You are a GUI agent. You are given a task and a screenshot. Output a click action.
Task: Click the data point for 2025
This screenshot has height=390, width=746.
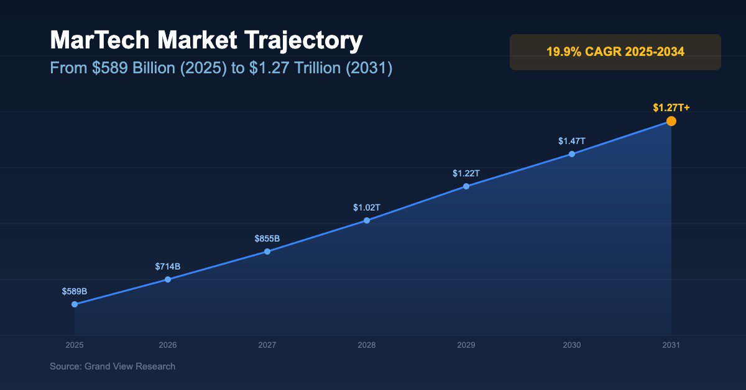coord(75,304)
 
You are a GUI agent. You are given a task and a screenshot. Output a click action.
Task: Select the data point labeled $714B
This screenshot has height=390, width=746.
coord(168,279)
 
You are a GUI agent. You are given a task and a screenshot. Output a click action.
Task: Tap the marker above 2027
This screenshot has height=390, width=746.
coord(267,252)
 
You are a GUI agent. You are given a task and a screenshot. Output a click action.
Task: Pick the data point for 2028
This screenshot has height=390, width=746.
coord(367,220)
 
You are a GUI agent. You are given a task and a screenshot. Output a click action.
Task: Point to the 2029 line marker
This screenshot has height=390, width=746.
coord(466,186)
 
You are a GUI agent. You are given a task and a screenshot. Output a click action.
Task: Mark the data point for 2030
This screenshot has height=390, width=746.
coord(572,154)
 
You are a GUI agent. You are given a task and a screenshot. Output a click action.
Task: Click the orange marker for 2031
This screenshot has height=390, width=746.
coord(671,121)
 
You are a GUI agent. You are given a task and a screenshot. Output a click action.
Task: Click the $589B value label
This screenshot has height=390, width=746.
coord(75,291)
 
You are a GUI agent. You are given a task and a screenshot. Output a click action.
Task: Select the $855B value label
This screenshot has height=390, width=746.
coord(267,238)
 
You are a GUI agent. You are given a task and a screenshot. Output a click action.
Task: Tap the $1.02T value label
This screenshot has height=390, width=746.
coord(367,207)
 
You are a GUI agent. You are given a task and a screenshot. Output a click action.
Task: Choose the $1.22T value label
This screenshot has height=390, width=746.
coord(466,173)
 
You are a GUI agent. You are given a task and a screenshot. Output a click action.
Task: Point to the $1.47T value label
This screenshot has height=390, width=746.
coord(572,141)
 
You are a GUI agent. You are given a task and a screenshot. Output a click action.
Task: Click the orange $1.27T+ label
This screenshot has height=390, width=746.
coord(671,108)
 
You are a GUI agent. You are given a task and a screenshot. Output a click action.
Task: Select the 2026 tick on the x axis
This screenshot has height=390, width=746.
coord(168,345)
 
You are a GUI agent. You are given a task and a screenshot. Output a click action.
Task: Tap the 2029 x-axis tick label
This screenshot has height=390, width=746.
coord(466,345)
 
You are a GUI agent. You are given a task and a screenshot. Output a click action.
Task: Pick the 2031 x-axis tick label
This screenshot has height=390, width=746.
coord(671,345)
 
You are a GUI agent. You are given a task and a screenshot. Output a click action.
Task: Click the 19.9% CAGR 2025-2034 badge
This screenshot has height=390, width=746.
coord(615,52)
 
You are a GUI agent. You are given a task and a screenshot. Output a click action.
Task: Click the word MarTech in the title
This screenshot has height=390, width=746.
coord(100,41)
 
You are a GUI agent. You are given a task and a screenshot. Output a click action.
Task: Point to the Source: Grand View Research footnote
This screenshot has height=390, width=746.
coord(113,366)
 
